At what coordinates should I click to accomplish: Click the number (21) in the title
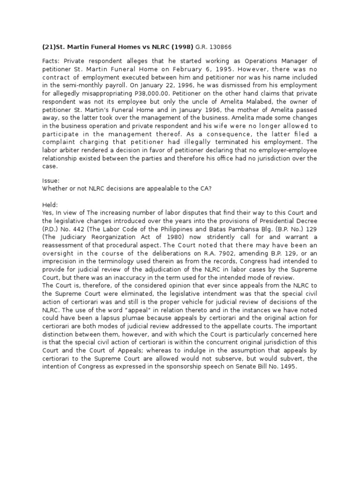(49, 47)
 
